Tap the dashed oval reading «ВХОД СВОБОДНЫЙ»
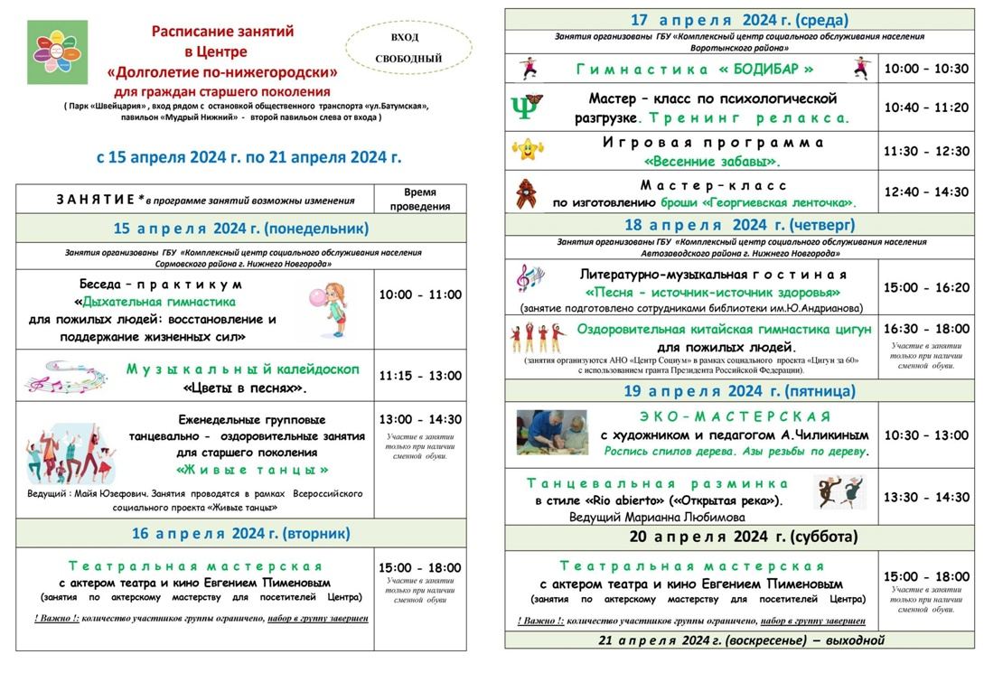(x=408, y=49)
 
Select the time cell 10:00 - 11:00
(x=420, y=294)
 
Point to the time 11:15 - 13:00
(x=420, y=375)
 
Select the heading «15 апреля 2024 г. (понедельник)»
(x=240, y=228)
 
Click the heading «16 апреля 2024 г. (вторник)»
(x=240, y=533)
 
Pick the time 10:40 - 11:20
(x=925, y=107)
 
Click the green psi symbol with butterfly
(x=527, y=107)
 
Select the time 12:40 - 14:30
(x=925, y=192)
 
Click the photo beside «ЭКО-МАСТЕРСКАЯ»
(x=551, y=433)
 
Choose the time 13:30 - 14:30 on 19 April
(x=925, y=497)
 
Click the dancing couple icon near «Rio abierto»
(x=839, y=492)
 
